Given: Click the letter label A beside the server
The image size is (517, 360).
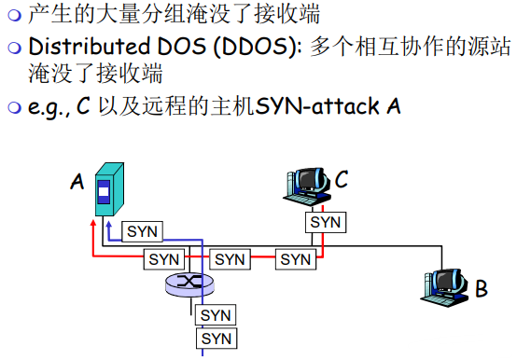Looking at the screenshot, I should [x=77, y=181].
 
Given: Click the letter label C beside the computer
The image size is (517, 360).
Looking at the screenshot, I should [x=342, y=180].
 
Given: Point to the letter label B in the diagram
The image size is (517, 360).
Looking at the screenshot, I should [x=482, y=288].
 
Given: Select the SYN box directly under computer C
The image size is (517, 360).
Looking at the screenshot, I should [x=326, y=223].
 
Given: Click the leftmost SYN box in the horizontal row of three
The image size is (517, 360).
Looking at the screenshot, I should [x=165, y=258].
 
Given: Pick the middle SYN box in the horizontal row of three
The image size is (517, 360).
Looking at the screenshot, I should [x=230, y=258].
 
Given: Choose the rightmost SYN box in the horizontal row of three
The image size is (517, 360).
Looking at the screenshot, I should [x=296, y=258].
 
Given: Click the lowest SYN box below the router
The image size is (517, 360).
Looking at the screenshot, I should [x=216, y=338].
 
